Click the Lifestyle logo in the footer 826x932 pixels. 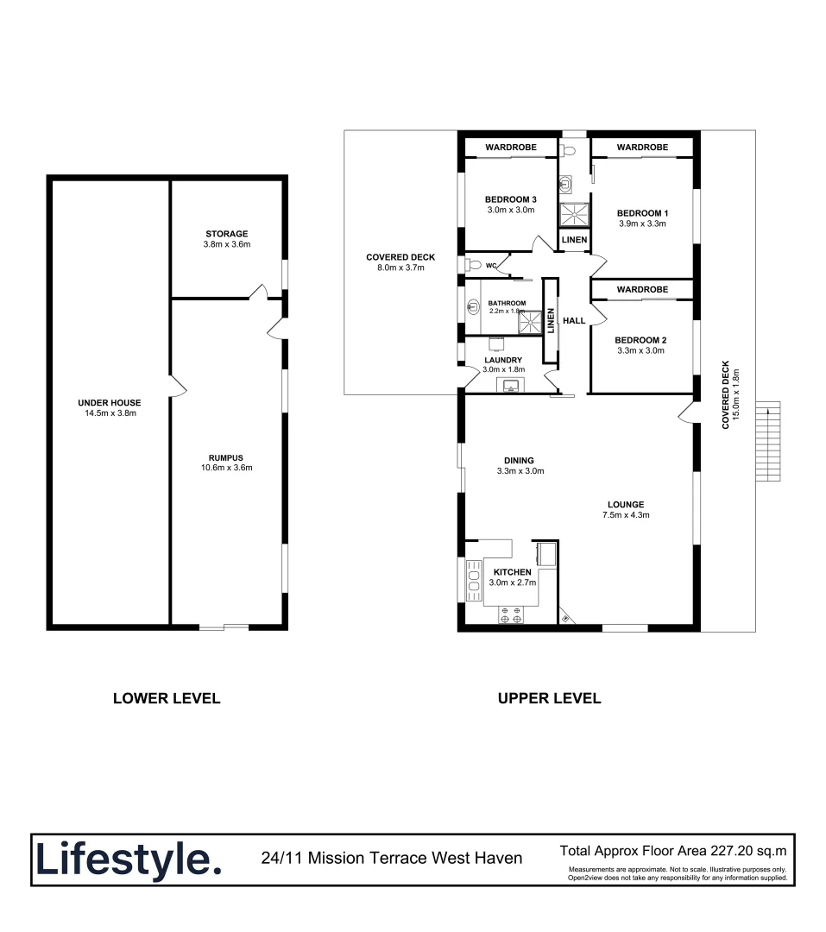coord(128,860)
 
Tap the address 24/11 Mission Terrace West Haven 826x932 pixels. coord(391,858)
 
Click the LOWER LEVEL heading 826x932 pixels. coord(167,698)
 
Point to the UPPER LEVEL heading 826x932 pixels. coord(549,698)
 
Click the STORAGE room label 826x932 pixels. coord(226,234)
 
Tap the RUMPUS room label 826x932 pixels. coord(226,457)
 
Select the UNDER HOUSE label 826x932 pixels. coord(109,403)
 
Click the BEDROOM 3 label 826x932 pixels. coord(511,199)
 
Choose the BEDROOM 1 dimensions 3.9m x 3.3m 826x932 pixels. coord(642,224)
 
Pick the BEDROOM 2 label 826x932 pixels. coord(641,340)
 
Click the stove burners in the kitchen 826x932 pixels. coord(511,614)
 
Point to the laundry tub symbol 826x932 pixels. coord(511,385)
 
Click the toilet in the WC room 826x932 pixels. coord(473,265)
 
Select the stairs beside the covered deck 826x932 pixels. coord(768,442)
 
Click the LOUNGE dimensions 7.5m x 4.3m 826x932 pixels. coord(626,515)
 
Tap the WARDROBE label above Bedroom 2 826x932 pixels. coord(642,289)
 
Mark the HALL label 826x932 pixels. coord(574,321)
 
